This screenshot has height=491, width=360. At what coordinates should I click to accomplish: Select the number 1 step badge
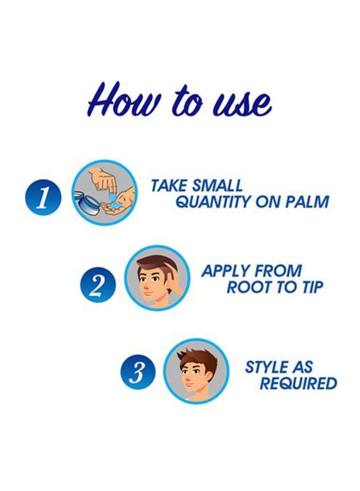(43, 197)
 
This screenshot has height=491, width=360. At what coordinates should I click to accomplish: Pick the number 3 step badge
(137, 372)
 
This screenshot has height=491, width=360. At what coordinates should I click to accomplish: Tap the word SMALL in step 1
(217, 185)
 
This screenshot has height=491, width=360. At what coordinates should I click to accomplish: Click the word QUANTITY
(213, 202)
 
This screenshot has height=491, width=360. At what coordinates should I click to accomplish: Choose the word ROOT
(247, 287)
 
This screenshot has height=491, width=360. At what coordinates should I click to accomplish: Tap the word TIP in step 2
(312, 287)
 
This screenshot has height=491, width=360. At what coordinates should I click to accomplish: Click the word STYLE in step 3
(267, 367)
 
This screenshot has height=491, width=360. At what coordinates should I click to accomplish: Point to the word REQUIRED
(298, 384)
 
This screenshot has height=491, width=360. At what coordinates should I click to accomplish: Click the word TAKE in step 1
(169, 185)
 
